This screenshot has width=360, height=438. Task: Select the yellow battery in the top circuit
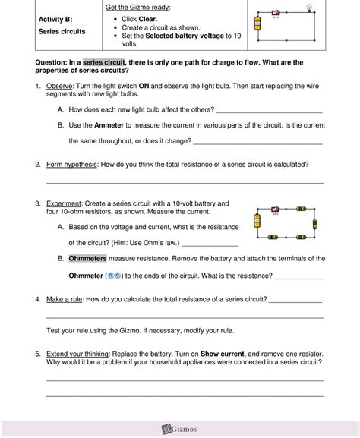259,24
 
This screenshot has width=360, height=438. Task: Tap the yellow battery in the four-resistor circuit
257,221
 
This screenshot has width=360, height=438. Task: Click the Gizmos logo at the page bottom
180,429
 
